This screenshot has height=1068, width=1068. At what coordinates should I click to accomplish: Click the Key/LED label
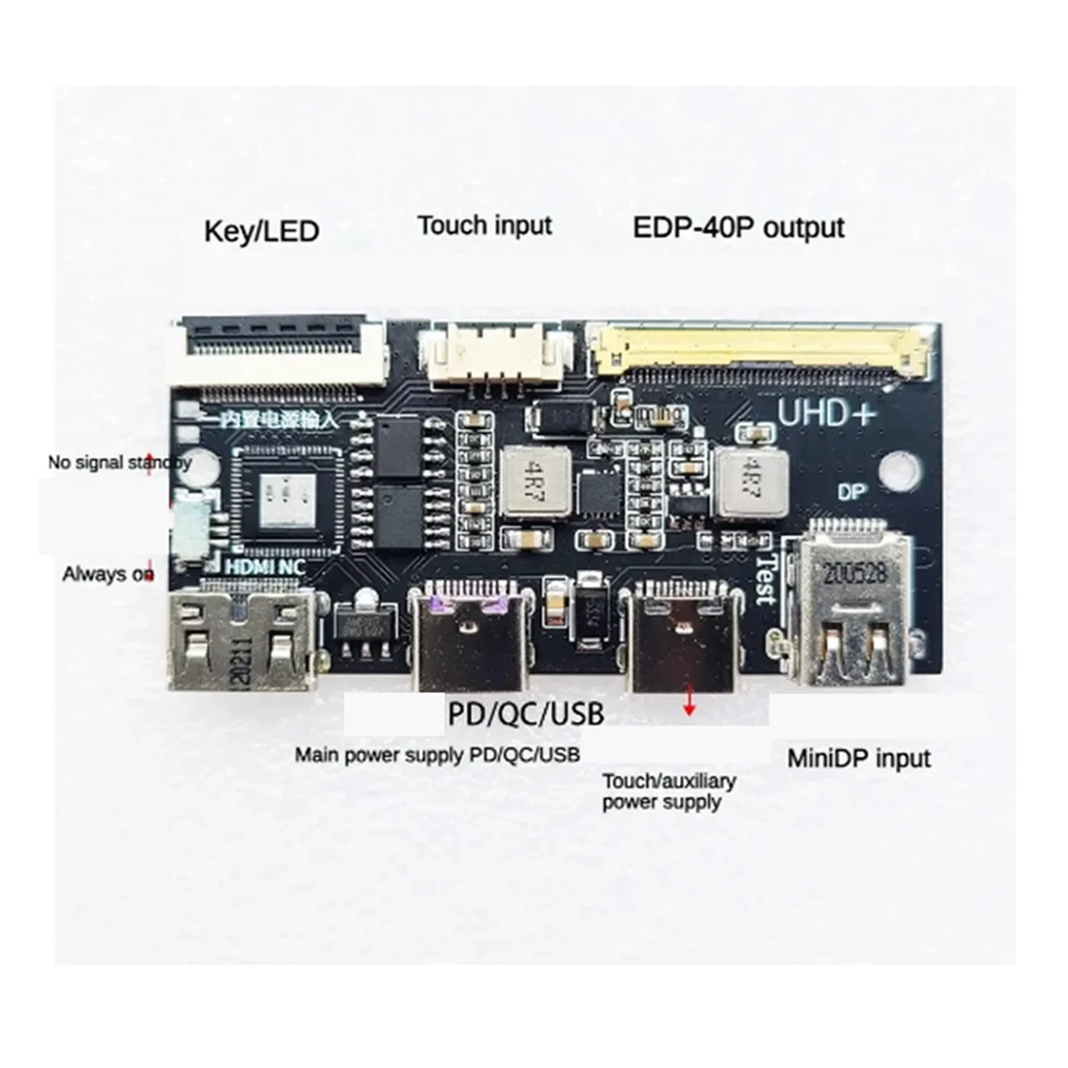(261, 231)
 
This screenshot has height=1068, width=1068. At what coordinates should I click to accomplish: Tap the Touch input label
(485, 225)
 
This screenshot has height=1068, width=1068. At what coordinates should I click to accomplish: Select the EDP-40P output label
(738, 227)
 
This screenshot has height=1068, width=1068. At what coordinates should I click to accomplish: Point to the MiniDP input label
(859, 758)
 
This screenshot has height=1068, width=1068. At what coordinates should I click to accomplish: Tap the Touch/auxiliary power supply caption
(668, 791)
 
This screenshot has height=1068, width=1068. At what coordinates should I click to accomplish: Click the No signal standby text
(119, 463)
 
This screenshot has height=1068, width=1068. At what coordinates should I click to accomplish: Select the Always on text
(108, 574)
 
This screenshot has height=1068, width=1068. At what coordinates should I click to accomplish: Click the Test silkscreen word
(764, 578)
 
